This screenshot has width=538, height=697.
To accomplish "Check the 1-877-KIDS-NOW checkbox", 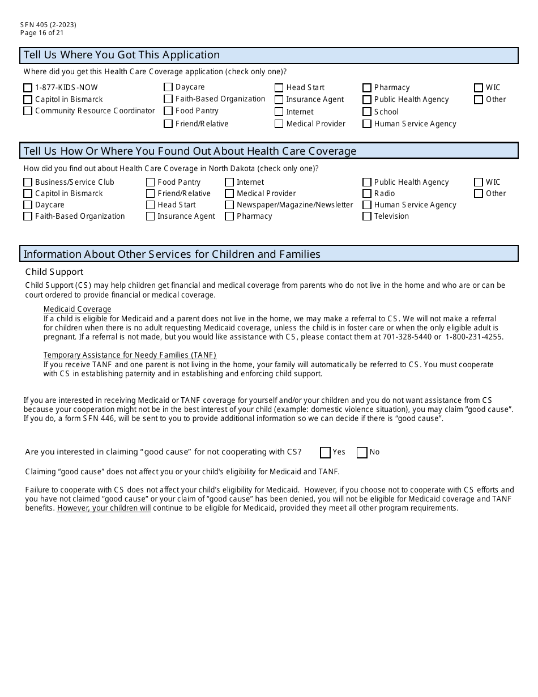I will [28, 88].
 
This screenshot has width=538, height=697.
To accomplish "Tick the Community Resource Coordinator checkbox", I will [28, 111].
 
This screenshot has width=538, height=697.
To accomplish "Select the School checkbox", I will [367, 112].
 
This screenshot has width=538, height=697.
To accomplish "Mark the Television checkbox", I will [367, 216].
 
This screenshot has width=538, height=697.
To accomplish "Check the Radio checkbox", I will [367, 194].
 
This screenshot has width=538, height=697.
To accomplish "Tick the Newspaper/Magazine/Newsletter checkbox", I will [229, 205].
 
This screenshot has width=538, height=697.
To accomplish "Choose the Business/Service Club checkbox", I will [28, 182].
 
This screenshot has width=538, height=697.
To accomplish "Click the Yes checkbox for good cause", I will [325, 452].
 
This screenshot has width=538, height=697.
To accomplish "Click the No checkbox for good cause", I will [362, 452].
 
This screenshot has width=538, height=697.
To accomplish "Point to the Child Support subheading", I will [54, 272].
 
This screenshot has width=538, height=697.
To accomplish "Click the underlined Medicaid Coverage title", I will [77, 309].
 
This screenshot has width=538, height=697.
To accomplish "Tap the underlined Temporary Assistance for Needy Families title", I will [130, 355].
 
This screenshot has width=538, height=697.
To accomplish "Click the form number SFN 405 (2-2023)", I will [48, 25].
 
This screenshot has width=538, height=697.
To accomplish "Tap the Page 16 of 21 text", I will [42, 33].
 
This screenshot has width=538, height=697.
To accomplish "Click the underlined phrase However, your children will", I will [104, 508].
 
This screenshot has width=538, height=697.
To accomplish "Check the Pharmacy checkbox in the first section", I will [367, 88].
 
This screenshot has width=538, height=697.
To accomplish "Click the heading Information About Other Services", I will [172, 254].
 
